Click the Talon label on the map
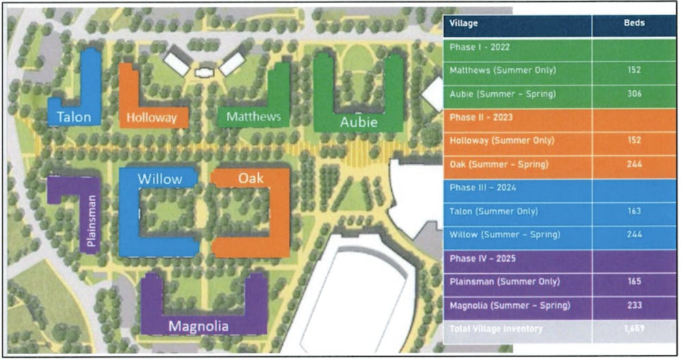pyautogui.click(x=74, y=117)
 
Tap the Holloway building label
pyautogui.click(x=151, y=117)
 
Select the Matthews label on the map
pyautogui.click(x=254, y=117)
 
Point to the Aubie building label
pyautogui.click(x=358, y=122)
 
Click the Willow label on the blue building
pyautogui.click(x=160, y=179)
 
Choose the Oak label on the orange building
pyautogui.click(x=250, y=178)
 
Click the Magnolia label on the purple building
pyautogui.click(x=198, y=326)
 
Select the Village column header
pyautogui.click(x=464, y=23)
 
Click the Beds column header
pyautogui.click(x=634, y=23)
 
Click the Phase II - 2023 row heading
pyautogui.click(x=480, y=117)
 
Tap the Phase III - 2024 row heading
pyautogui.click(x=481, y=187)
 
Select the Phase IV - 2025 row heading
pyautogui.click(x=481, y=258)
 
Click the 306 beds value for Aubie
pyautogui.click(x=634, y=93)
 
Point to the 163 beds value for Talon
pyautogui.click(x=634, y=211)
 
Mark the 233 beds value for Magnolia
pyautogui.click(x=634, y=305)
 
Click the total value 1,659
pyautogui.click(x=634, y=329)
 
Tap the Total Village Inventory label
pyautogui.click(x=496, y=329)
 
